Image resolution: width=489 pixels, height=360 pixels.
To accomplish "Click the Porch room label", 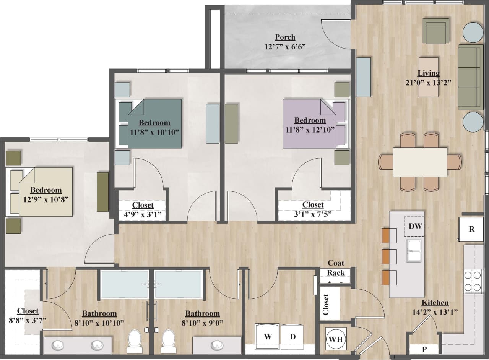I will (x=285, y=37).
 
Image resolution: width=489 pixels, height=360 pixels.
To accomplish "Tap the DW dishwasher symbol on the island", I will (x=415, y=226).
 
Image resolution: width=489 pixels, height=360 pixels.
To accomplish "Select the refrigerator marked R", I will (x=471, y=229).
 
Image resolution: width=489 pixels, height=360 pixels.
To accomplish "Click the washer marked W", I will (x=268, y=337).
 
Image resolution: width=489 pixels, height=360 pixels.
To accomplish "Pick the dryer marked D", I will (x=292, y=337).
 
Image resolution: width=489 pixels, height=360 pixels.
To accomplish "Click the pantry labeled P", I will (x=424, y=349).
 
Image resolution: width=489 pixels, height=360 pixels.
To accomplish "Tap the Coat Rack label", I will (x=336, y=268).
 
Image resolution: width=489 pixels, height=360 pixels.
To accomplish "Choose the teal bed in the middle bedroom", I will (x=154, y=123).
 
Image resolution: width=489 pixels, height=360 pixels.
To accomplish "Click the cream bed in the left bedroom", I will (x=46, y=192).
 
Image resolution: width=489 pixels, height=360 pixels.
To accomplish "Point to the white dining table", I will (x=420, y=162).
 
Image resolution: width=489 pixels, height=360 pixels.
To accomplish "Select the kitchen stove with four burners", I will (x=473, y=281).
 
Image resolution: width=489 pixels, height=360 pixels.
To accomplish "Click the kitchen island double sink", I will (x=414, y=251).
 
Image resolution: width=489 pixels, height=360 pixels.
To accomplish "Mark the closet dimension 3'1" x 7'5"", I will (x=313, y=214).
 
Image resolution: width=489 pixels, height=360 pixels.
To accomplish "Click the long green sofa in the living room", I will (x=470, y=76).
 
